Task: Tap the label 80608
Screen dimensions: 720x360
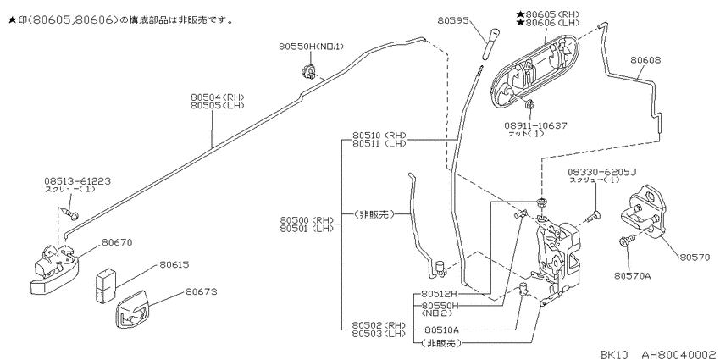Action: [x=645, y=60]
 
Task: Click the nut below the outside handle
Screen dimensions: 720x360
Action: [x=528, y=104]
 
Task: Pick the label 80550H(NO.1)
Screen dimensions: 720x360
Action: [x=312, y=47]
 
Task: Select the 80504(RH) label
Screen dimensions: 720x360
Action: [x=218, y=97]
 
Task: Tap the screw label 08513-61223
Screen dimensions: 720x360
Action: [x=78, y=181]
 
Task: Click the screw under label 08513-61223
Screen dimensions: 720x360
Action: [x=71, y=213]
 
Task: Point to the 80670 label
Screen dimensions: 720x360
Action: [x=117, y=242]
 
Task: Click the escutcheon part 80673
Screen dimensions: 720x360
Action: [x=132, y=309]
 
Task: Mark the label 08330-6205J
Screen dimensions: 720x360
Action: [x=602, y=172]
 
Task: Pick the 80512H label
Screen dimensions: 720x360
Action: [x=440, y=294]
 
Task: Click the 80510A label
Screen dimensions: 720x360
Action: [x=441, y=330]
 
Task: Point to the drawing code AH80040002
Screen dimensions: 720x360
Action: [x=678, y=355]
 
